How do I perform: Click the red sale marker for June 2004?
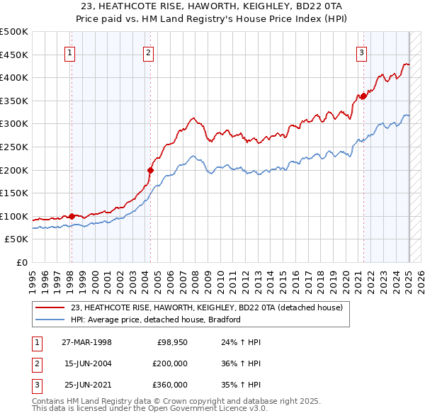point(150,170)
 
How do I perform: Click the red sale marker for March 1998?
point(72,216)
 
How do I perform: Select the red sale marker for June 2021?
point(363,96)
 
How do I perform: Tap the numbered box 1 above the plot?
point(71,51)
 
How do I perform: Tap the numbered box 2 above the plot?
point(149,51)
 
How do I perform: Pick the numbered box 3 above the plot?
point(362,51)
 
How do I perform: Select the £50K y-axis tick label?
point(17,239)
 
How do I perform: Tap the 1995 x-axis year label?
point(33,278)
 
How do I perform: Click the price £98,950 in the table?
point(172,341)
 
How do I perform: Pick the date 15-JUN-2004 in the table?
point(88,363)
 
